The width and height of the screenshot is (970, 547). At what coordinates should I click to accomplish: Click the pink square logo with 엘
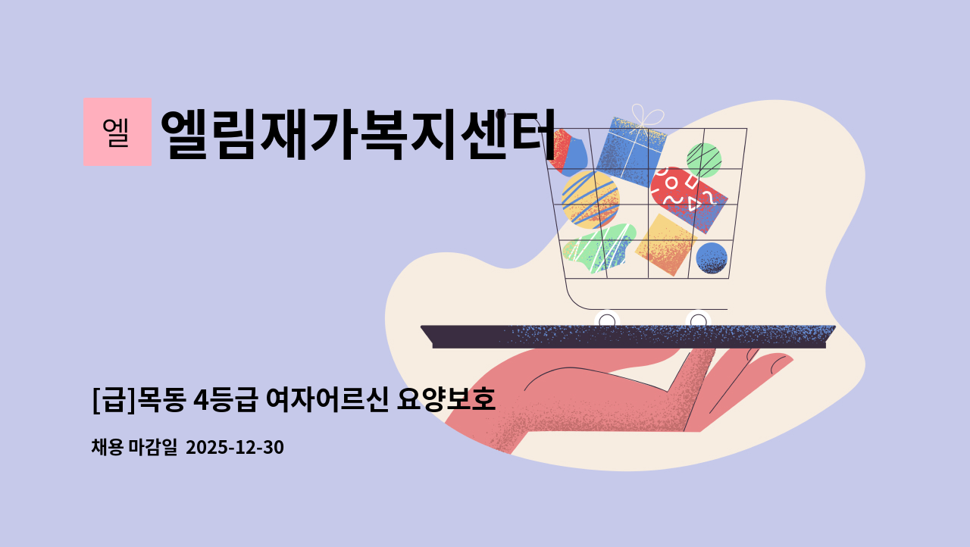(117, 132)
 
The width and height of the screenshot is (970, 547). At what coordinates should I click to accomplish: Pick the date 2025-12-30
(234, 448)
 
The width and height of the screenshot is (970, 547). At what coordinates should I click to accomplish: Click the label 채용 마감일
(133, 448)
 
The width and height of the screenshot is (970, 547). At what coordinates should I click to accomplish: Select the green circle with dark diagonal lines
(703, 160)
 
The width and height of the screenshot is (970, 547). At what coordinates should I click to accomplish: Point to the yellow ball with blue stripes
(590, 198)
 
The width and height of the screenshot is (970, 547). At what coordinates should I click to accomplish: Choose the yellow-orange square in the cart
(665, 244)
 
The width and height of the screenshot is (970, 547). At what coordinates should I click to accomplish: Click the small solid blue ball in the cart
(711, 258)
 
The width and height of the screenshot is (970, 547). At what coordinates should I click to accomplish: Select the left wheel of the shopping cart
(607, 321)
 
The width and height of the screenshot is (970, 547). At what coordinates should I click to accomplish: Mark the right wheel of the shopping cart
(698, 321)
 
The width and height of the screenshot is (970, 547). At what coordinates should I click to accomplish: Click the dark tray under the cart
(629, 336)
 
